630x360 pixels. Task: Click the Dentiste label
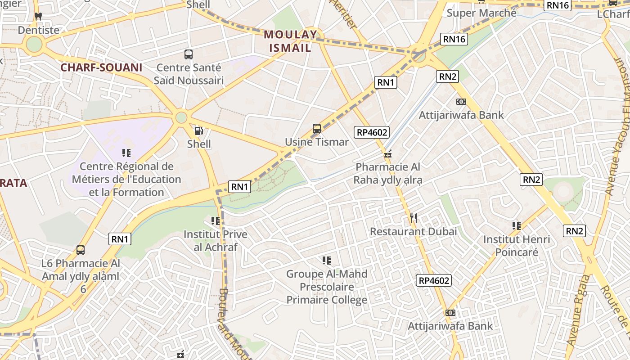[x=39, y=30]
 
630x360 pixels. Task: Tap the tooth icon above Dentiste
[x=38, y=16]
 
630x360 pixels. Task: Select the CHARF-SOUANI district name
[x=101, y=67]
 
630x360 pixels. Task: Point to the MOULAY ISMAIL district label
[x=291, y=41]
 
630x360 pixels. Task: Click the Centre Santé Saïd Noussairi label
[x=189, y=74]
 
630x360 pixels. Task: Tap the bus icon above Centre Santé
[x=189, y=54]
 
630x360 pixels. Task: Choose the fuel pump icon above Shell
[x=198, y=131]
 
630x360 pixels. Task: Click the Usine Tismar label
[x=317, y=142]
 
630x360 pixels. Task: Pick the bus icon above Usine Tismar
[x=317, y=129]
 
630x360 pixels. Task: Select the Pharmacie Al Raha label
[x=388, y=173]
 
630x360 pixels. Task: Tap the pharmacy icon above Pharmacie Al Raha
[x=388, y=154]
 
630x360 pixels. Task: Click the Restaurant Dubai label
[x=413, y=231]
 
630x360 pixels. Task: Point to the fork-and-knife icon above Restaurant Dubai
[x=414, y=219]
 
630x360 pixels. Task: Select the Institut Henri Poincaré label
[x=517, y=246]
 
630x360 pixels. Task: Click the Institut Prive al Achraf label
[x=216, y=241]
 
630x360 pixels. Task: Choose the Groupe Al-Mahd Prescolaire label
[x=327, y=287]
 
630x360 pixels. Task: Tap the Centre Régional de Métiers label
[x=126, y=179]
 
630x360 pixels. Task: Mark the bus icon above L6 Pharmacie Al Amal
[x=81, y=250]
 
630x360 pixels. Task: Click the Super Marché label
[x=481, y=13]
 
